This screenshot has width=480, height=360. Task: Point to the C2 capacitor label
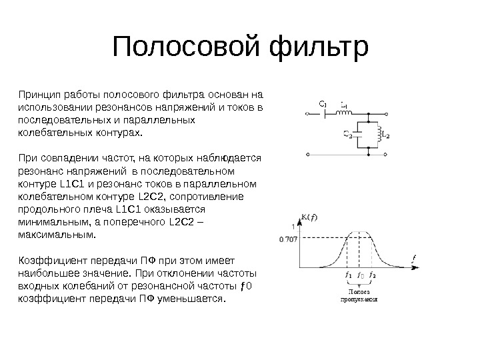[x=347, y=135]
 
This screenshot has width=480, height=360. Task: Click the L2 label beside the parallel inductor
[x=386, y=134]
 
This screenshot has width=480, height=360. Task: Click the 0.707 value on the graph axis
[x=288, y=237]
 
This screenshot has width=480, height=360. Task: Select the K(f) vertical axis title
[x=308, y=217]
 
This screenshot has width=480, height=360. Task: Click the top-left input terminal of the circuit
[x=309, y=114]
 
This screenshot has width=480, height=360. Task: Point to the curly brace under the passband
[x=360, y=285]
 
